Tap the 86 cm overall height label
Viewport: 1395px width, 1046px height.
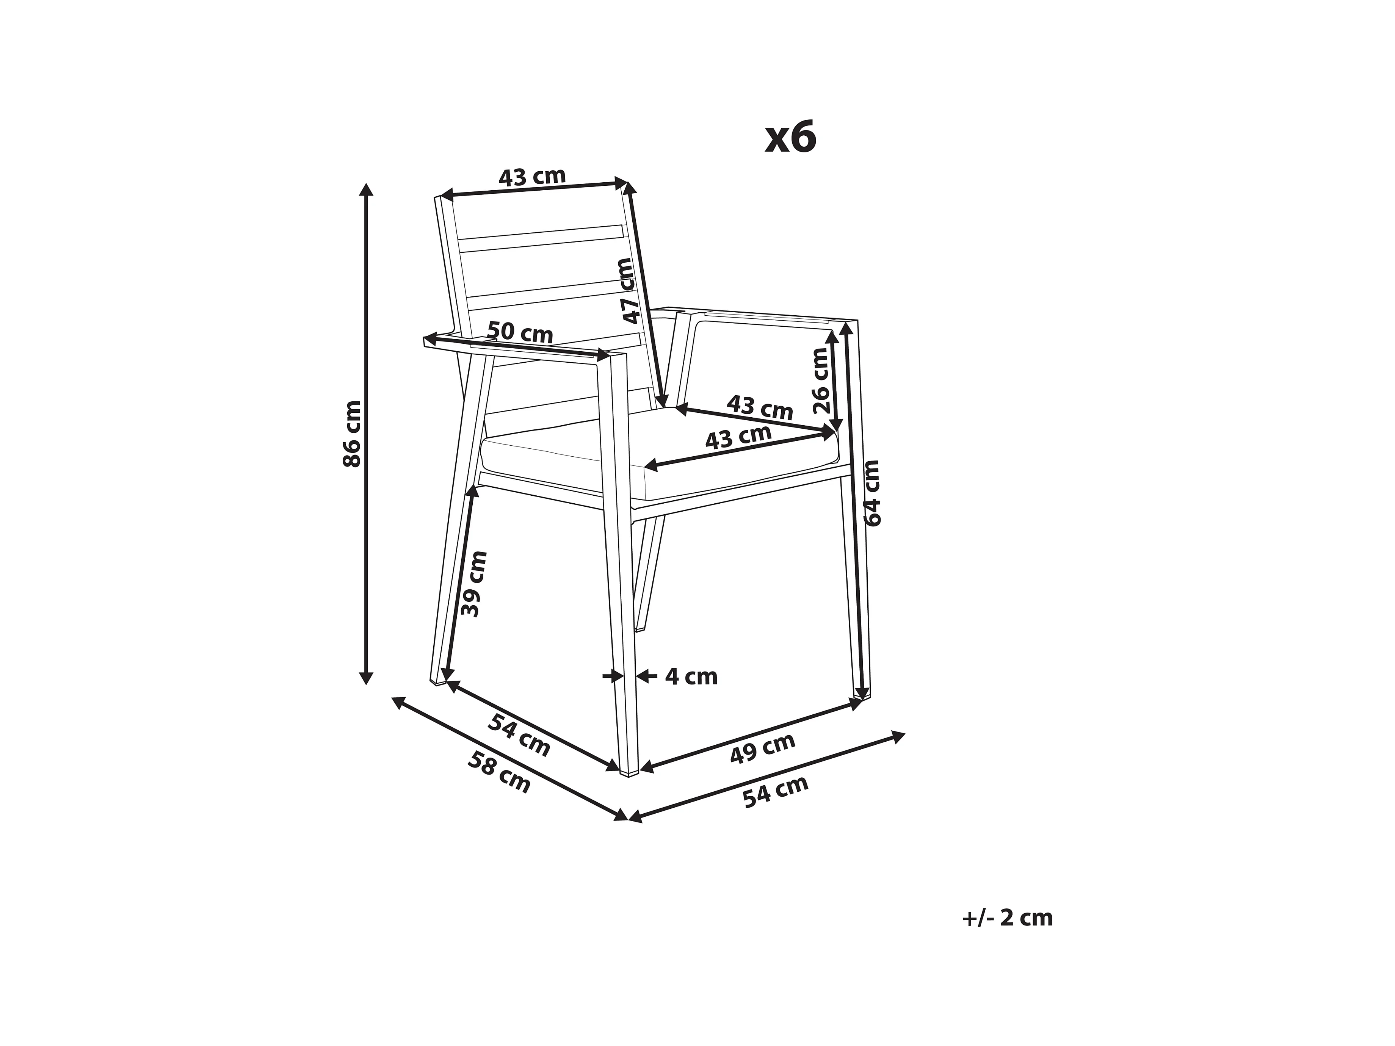pos(352,434)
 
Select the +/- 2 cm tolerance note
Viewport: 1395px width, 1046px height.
pos(1007,918)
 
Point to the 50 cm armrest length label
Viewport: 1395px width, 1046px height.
pos(520,332)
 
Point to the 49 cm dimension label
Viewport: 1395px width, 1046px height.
pos(762,748)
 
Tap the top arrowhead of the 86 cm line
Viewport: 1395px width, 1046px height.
pos(366,188)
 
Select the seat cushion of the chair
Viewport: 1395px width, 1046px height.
pos(656,454)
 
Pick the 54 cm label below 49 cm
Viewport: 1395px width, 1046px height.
pos(775,792)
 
